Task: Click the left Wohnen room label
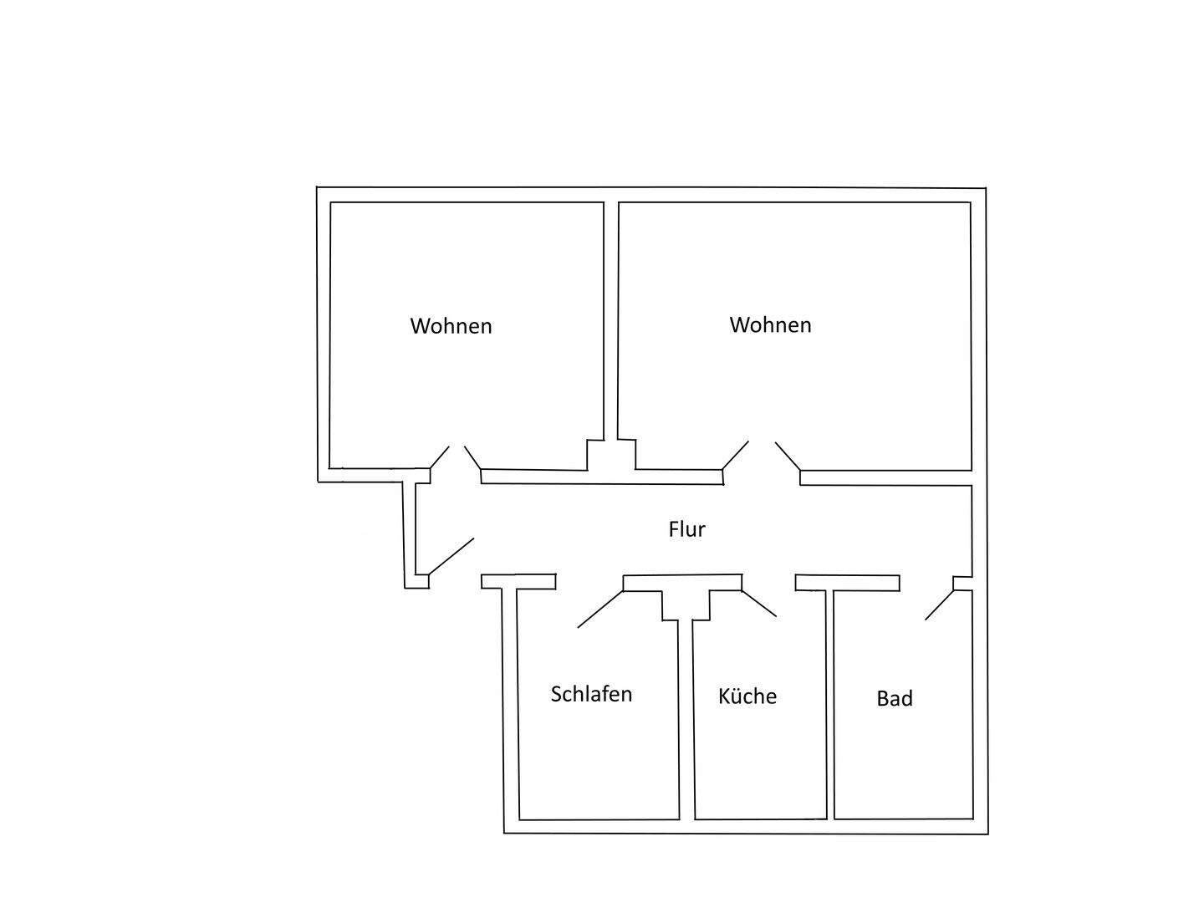coord(451,325)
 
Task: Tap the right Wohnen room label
coord(770,324)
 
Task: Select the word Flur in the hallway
coord(686,529)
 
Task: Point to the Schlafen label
coord(591,694)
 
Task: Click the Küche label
coord(747,696)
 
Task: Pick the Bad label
coord(894,698)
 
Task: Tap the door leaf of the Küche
coord(759,603)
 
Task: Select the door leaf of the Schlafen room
coord(600,610)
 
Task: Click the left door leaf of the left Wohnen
coord(440,457)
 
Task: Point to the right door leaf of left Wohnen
coord(473,457)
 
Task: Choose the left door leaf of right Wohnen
coord(735,456)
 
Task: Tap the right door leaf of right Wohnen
coord(788,456)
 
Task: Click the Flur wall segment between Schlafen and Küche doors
coord(682,582)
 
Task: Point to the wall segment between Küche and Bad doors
coord(847,583)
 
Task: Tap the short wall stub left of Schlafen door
coord(518,582)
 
